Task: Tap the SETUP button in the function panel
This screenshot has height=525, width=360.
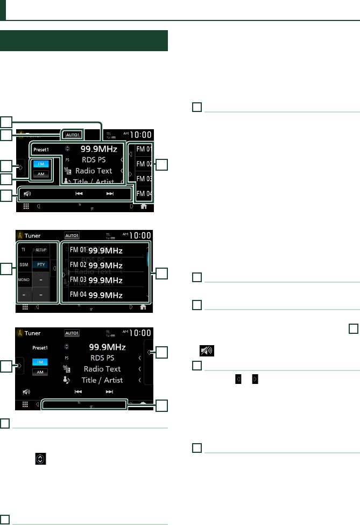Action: click(x=41, y=250)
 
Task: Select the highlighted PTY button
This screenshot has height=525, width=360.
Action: click(x=41, y=265)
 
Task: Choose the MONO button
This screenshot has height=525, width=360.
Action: click(x=23, y=281)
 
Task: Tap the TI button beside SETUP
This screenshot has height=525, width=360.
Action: click(x=23, y=250)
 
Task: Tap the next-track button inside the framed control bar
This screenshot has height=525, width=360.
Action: click(x=110, y=194)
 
